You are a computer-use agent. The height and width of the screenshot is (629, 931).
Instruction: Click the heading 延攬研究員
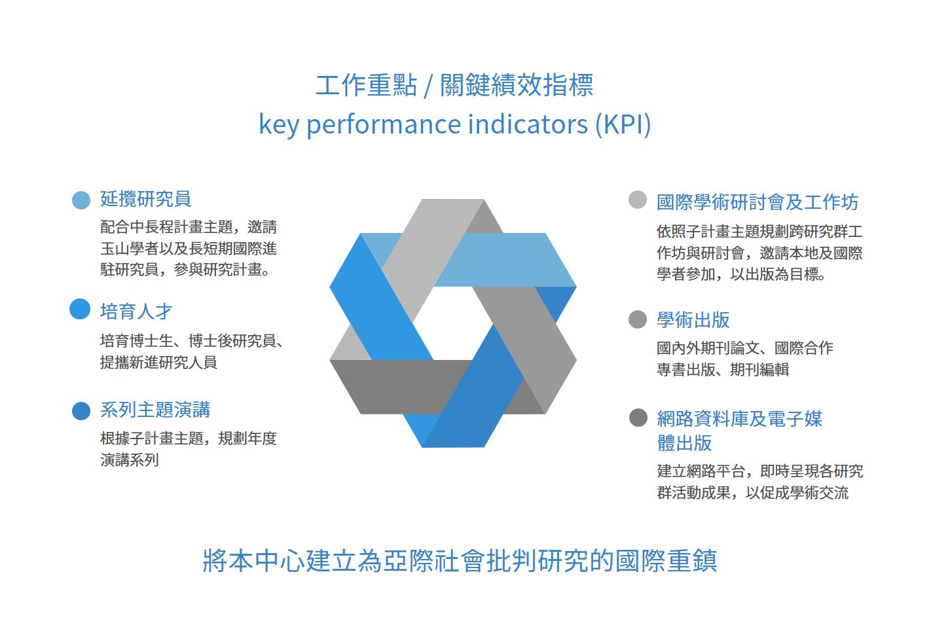(x=145, y=199)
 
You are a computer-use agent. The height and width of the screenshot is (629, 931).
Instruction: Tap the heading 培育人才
(x=136, y=311)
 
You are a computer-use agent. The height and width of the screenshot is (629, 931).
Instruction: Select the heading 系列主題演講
(x=155, y=410)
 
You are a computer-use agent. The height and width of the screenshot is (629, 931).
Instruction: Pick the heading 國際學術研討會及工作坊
(x=758, y=202)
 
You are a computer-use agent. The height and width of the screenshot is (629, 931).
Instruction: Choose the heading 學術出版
(x=693, y=320)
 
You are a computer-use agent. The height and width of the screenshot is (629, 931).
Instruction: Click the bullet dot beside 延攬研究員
(x=81, y=200)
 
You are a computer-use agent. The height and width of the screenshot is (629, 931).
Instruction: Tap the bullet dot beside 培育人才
(x=80, y=309)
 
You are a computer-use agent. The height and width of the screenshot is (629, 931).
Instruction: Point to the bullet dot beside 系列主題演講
(x=81, y=411)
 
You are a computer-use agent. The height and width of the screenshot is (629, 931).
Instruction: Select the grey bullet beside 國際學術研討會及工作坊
(x=638, y=200)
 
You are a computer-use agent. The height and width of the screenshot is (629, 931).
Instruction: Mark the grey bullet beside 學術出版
(x=638, y=319)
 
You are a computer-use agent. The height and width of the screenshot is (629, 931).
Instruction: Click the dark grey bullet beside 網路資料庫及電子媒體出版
(x=638, y=418)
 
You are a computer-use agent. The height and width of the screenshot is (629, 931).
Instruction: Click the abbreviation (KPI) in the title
(x=623, y=124)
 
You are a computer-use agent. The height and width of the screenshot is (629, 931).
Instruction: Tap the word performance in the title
(x=384, y=125)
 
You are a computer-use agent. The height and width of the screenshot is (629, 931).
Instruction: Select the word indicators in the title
(x=528, y=124)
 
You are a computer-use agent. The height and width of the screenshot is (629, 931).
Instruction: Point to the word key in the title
(x=278, y=125)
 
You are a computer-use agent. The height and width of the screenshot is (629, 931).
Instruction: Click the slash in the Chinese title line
(x=428, y=86)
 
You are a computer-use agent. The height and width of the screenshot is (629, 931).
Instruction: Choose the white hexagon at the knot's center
(x=452, y=323)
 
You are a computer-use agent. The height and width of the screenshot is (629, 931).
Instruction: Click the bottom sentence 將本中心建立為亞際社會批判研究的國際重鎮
(x=460, y=561)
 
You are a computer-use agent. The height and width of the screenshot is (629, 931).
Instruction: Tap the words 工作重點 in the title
(x=366, y=86)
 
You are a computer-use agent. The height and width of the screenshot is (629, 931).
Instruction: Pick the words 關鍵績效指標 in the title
(x=517, y=86)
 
